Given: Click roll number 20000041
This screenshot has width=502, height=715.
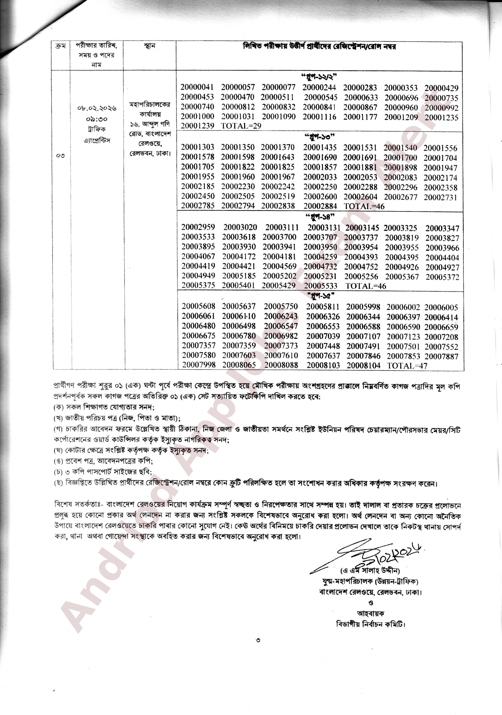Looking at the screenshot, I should coord(197,88).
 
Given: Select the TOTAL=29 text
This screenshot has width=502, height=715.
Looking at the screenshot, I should coord(241,126).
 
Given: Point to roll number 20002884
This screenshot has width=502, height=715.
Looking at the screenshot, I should coord(320,206).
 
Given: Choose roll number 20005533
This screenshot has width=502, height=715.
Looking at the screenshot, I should coord(321,286).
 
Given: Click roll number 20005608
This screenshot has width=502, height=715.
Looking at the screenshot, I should coord(199,306).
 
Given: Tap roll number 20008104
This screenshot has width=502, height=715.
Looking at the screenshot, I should coord(363,366).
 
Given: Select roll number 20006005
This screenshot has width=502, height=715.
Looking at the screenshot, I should coord(441,307).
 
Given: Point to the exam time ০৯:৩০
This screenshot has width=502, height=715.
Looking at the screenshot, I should coord(96,119).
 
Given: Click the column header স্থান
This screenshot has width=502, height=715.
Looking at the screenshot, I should coord(150,46).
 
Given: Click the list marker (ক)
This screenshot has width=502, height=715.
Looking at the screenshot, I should coord(58,407).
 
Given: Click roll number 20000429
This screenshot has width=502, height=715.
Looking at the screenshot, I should coord(441,88).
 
